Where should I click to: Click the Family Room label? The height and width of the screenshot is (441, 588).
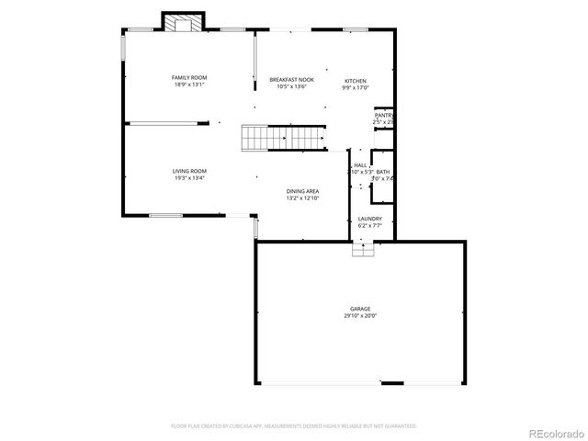(x=188, y=77)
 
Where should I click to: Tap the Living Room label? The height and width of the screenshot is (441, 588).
(x=189, y=171)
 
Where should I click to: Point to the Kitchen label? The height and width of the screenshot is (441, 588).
(x=356, y=80)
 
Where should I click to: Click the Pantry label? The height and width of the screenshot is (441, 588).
(x=384, y=115)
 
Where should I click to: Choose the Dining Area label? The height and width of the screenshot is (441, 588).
(x=302, y=191)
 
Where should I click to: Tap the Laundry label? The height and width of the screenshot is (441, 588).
(x=370, y=219)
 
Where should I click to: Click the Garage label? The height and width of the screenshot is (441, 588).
(x=360, y=309)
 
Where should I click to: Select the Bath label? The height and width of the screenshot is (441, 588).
(x=382, y=172)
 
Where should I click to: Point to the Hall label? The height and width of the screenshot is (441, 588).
(x=360, y=164)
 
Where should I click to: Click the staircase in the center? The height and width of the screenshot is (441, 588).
(x=285, y=138)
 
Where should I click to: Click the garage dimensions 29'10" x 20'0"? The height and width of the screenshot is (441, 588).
(x=360, y=316)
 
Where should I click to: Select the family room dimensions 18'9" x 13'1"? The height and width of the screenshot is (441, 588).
(x=188, y=85)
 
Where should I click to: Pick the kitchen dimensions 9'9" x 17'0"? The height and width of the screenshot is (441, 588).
(x=356, y=88)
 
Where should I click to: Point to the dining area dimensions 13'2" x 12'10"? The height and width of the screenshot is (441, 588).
(x=302, y=198)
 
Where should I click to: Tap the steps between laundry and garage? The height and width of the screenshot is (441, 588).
(x=364, y=249)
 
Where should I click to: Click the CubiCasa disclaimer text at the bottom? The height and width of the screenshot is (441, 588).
(x=294, y=426)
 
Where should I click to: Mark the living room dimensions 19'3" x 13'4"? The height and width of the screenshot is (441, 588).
(x=189, y=178)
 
